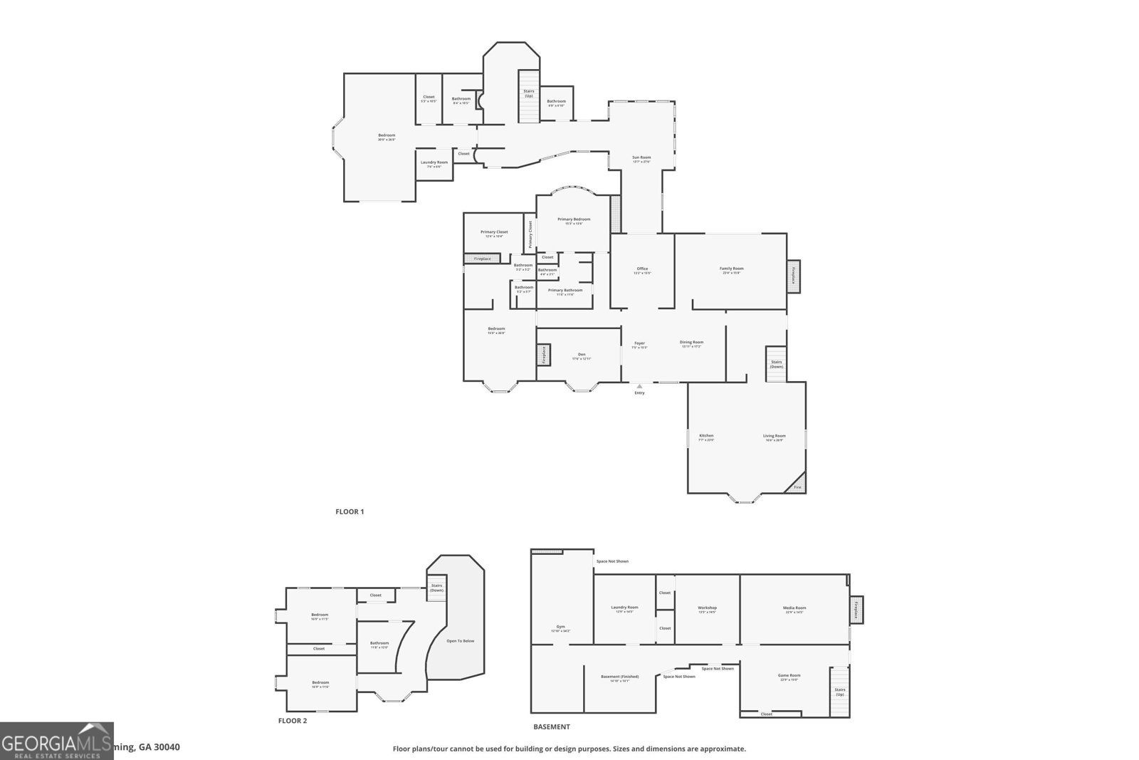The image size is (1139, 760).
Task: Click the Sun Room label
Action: pos(641,157)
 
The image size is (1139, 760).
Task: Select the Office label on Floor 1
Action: pos(642,269)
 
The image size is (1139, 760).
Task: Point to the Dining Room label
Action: pos(691,342)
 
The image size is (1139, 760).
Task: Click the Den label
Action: pos(581,355)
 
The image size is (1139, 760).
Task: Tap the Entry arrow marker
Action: pos(639,386)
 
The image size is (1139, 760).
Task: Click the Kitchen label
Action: pos(706,435)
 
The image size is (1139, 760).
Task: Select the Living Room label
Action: pos(774,436)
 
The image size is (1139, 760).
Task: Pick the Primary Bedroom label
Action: pos(573,219)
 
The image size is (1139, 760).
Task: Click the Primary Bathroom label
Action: pos(565,290)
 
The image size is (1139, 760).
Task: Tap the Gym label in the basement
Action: pos(560,627)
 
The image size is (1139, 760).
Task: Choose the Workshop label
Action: pos(707,608)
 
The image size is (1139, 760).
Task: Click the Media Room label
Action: pos(794,608)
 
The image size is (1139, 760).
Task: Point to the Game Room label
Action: pos(789,675)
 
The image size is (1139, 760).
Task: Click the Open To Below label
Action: pos(460,641)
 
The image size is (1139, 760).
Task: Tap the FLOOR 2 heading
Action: pos(292,721)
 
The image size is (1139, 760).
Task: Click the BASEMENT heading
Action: pos(552,727)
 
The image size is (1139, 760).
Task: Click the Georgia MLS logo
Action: pos(56,741)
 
